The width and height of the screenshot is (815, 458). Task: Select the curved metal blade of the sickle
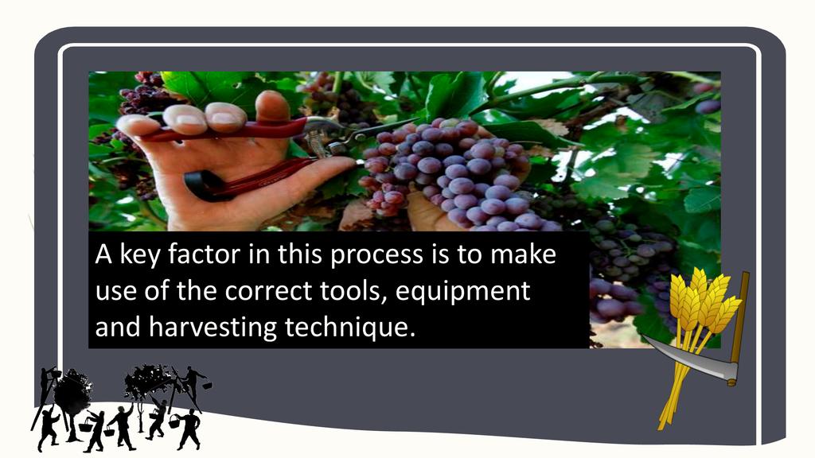pos(692,359)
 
